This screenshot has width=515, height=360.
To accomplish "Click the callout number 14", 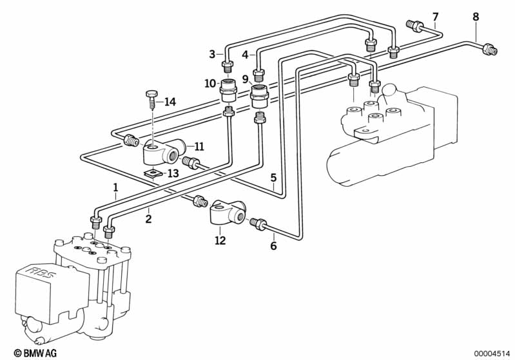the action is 170,102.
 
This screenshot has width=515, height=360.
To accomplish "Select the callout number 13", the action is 173,173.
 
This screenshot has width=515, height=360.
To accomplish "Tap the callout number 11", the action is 199,146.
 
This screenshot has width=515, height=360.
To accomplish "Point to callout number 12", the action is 220,241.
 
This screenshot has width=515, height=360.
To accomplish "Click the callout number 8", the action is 476,16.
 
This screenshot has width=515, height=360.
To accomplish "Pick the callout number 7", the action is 436,16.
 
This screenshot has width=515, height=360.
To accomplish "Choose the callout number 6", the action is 273,245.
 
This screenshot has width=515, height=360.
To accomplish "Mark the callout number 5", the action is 273,178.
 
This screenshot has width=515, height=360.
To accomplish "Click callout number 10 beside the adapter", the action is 210,83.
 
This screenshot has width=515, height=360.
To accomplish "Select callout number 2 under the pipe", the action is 148,219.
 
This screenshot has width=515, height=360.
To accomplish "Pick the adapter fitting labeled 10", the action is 228,90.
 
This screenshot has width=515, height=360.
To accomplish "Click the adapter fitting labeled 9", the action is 260,96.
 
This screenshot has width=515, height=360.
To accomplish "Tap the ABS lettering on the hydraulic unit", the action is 40,272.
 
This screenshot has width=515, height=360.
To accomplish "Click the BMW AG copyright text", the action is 35,353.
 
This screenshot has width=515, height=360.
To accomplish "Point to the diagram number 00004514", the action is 492,354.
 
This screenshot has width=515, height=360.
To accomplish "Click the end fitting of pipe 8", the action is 489,50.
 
